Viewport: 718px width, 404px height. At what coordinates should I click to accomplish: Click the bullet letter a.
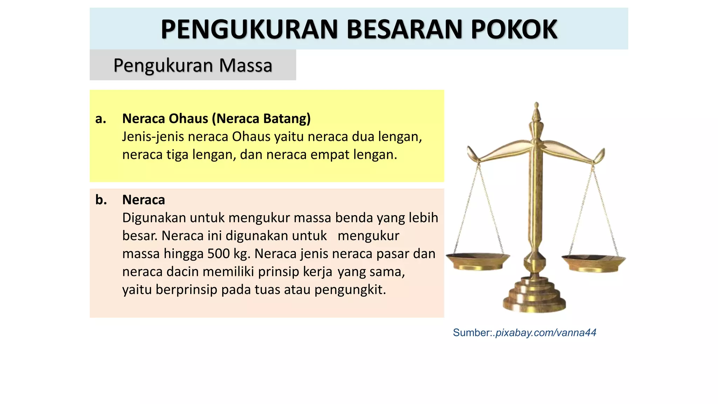(101, 119)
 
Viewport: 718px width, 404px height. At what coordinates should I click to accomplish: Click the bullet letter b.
(101, 200)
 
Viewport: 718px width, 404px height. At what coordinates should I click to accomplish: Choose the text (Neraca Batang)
(262, 119)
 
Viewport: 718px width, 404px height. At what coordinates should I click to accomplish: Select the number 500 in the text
(219, 254)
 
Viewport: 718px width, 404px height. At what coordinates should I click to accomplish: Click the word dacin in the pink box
(183, 272)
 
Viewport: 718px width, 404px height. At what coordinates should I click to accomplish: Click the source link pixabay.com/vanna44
(546, 332)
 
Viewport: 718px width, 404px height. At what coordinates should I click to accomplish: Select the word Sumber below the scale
(472, 332)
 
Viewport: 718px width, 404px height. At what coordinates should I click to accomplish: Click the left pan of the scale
(477, 261)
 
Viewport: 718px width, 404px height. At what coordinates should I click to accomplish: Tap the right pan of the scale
(594, 262)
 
